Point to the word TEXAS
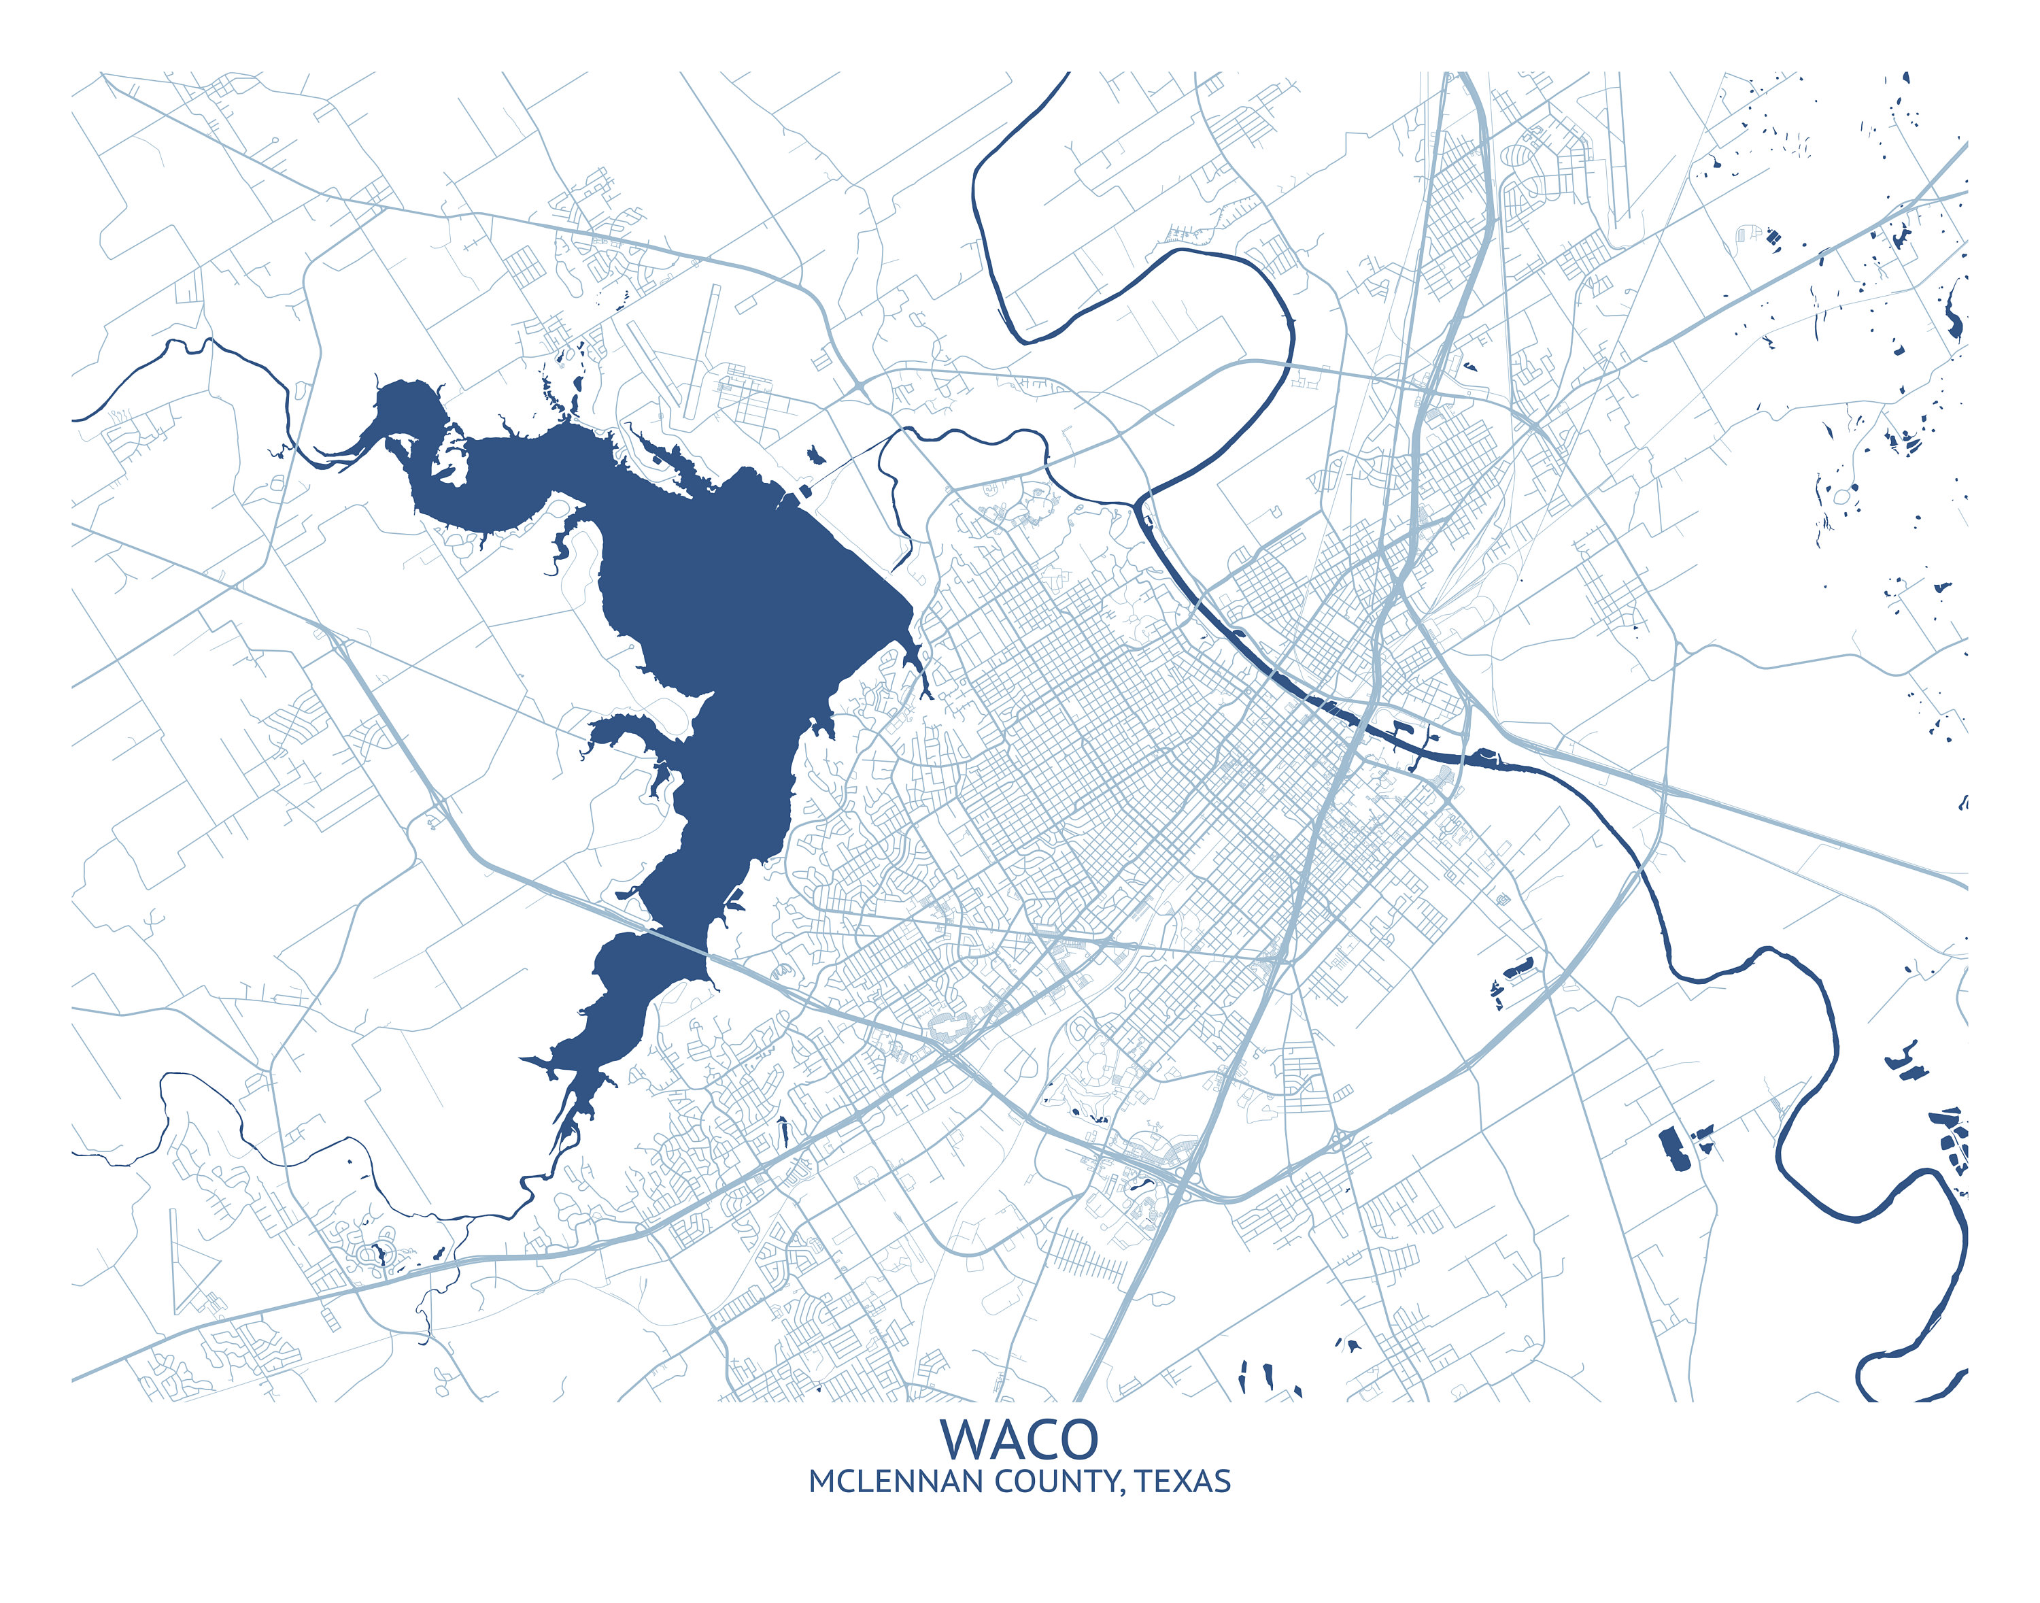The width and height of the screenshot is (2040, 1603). (x=1183, y=1482)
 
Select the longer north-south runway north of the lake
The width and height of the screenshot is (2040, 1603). (x=702, y=352)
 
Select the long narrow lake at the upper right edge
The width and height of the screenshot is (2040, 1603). (x=1954, y=314)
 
